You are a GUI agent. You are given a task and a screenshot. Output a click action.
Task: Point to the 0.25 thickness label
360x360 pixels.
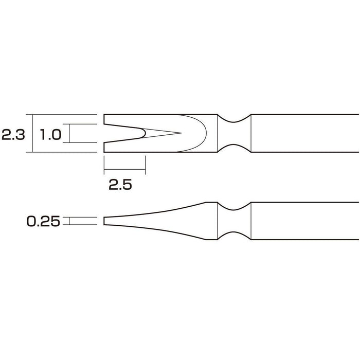pos(43,222)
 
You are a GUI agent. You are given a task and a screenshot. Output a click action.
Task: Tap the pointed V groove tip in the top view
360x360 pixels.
pos(180,133)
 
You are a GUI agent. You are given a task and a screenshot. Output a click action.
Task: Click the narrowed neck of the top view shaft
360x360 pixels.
pos(235,133)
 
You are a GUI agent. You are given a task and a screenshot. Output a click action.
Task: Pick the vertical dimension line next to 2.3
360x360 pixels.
pos(32,133)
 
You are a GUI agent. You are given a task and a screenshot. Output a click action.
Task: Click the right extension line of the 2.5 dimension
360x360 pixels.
pos(147,165)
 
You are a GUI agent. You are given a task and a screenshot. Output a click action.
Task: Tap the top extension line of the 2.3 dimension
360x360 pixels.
pos(64,115)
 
